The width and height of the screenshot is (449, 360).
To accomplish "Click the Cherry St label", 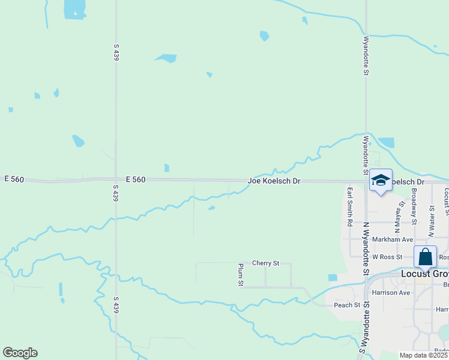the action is pyautogui.click(x=266, y=263).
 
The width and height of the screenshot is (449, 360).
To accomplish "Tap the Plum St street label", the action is pyautogui.click(x=240, y=275).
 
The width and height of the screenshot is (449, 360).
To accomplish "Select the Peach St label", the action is pyautogui.click(x=348, y=305).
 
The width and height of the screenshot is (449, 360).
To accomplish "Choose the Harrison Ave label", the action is pyautogui.click(x=391, y=293).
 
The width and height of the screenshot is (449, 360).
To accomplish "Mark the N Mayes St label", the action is pyautogui.click(x=396, y=216).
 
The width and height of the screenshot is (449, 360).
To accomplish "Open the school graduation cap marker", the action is pyautogui.click(x=381, y=179).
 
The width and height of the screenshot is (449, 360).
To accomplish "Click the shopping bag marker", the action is pyautogui.click(x=425, y=257).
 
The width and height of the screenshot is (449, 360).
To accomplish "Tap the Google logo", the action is pyautogui.click(x=20, y=353).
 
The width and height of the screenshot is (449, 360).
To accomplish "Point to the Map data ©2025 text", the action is pyautogui.click(x=424, y=355).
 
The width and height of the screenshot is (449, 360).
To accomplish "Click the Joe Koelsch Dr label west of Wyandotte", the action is pyautogui.click(x=274, y=181).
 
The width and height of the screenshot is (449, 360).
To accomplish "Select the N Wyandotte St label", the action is pyautogui.click(x=364, y=246).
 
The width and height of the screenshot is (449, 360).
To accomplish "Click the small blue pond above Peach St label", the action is pyautogui.click(x=333, y=278).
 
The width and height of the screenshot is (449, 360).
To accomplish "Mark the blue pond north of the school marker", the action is pyautogui.click(x=387, y=143).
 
